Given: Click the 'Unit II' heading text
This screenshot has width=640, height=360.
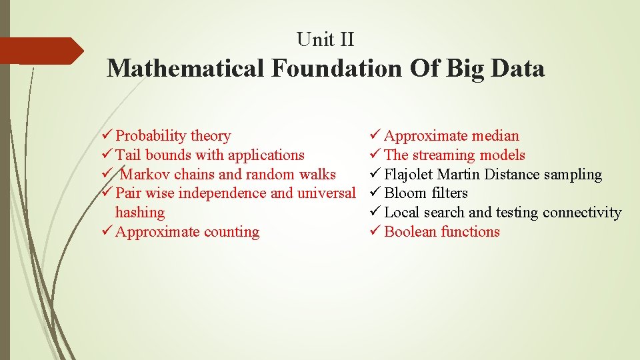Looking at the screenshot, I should pos(325,40).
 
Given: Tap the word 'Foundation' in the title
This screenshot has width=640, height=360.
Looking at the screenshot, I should pos(337,68).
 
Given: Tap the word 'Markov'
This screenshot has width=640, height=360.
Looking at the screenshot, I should pos(145,175).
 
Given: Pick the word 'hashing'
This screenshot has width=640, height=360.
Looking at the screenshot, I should pos(139,213).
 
